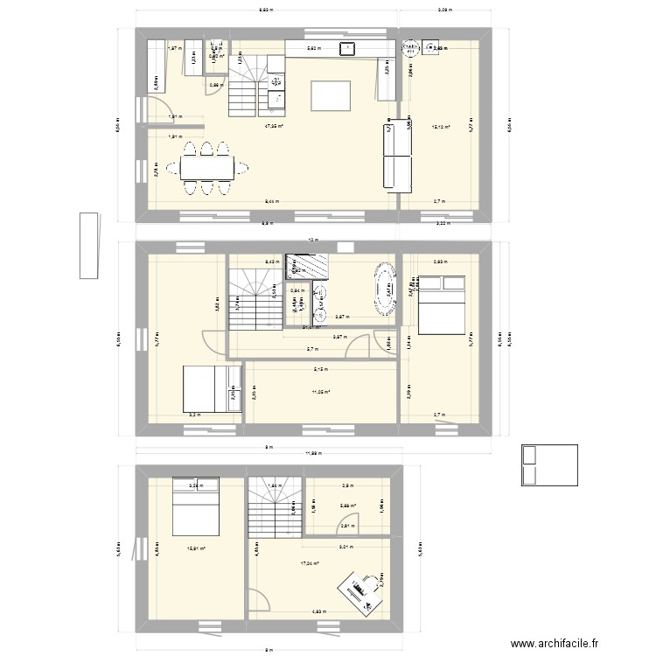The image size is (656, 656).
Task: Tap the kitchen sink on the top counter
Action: pos(347,48)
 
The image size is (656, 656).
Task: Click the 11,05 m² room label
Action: pos(320,393)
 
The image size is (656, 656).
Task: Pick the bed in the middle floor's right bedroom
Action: pos(444,304)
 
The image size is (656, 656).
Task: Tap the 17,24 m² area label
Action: pos(310,564)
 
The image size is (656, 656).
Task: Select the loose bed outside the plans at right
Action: pos(548,464)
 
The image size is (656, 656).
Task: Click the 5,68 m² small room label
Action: pos(347,505)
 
